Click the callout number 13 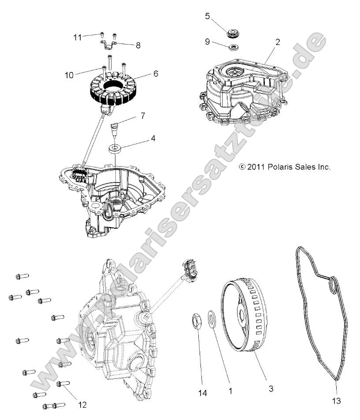(x=336, y=401)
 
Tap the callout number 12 (x=82, y=405)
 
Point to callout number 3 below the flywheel (x=271, y=388)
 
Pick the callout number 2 (x=277, y=42)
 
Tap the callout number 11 (x=78, y=37)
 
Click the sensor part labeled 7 (x=114, y=129)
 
